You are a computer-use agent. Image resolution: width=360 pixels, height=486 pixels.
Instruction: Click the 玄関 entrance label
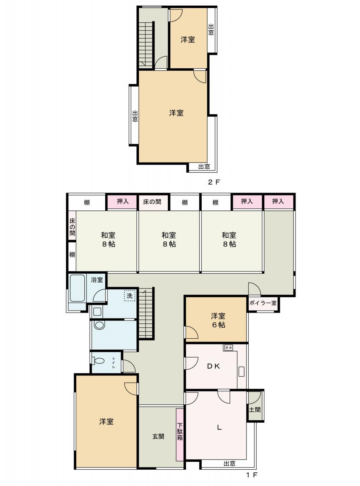pyautogui.click(x=158, y=437)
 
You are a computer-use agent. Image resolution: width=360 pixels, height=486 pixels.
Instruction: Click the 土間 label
pyautogui.click(x=254, y=409)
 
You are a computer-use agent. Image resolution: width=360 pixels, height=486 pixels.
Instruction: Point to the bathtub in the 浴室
pyautogui.click(x=77, y=288)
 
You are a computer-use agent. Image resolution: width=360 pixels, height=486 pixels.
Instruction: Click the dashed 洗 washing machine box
pyautogui.click(x=129, y=296)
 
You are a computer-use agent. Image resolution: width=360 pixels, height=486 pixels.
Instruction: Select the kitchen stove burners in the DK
pyautogui.click(x=229, y=347)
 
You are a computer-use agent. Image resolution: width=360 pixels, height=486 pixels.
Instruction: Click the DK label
pyautogui.click(x=213, y=366)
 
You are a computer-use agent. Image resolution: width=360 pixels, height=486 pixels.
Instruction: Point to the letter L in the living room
pyautogui.click(x=219, y=427)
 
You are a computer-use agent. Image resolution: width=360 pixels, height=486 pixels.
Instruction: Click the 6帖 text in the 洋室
pyautogui.click(x=218, y=325)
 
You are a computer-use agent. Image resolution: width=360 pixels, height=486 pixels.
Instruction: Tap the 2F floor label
pyautogui.click(x=213, y=182)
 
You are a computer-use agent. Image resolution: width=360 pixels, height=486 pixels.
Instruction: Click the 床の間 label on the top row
pyautogui.click(x=152, y=202)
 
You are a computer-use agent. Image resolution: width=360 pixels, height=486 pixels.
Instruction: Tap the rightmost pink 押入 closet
pyautogui.click(x=278, y=202)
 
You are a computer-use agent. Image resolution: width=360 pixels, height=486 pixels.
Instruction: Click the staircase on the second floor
pyautogui.click(x=145, y=45)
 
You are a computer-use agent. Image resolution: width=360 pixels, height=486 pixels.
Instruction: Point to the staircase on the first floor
pyautogui.click(x=145, y=313)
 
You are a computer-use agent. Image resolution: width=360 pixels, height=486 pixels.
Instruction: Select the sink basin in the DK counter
pyautogui.click(x=242, y=371)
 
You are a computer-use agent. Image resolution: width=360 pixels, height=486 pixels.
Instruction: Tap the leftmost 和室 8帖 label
pyautogui.click(x=108, y=240)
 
